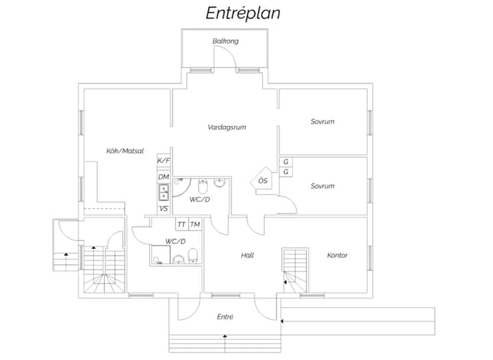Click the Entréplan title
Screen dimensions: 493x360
tap(243, 13)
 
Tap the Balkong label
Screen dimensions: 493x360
tap(225, 41)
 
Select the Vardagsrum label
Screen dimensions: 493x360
tap(227, 127)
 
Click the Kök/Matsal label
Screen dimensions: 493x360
tap(125, 151)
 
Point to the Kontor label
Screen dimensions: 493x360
tap(338, 255)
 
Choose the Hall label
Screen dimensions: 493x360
tap(247, 255)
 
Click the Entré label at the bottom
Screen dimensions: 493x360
tap(225, 317)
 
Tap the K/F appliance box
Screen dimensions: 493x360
tap(164, 161)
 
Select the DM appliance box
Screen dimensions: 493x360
tap(164, 177)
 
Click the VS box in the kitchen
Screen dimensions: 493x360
tap(164, 209)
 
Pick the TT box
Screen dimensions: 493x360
tap(181, 224)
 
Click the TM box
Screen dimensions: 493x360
tap(195, 224)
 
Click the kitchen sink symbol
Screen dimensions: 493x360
tap(164, 192)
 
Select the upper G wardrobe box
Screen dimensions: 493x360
tap(286, 162)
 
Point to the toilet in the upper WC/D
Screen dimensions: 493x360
tap(203, 187)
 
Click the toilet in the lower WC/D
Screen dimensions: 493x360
tap(192, 256)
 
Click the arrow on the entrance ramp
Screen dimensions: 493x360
tap(282, 321)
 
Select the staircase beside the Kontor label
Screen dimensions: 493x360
tap(296, 271)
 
